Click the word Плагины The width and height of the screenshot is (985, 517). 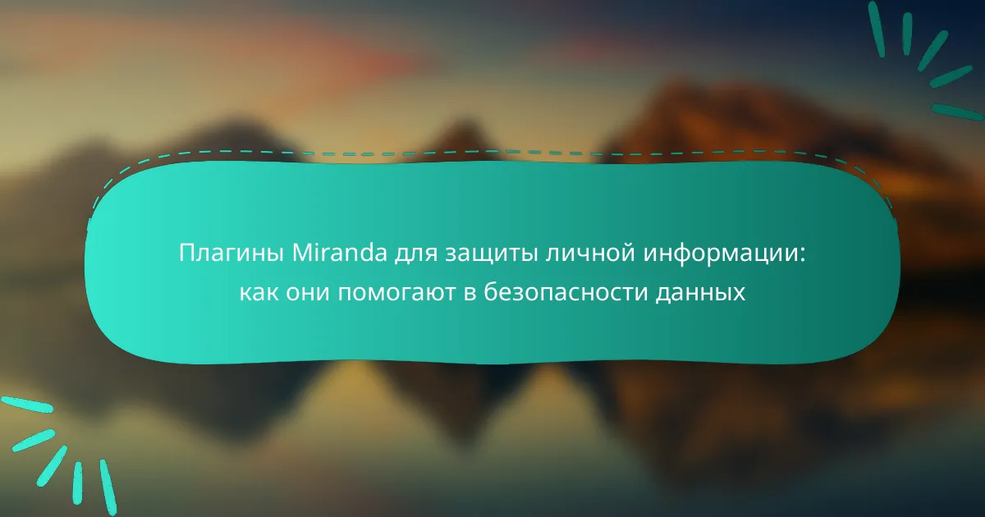pyautogui.click(x=231, y=254)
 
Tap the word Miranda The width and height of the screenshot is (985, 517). pyautogui.click(x=340, y=253)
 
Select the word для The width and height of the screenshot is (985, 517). pyautogui.click(x=415, y=255)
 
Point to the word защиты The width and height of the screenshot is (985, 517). pyautogui.click(x=491, y=256)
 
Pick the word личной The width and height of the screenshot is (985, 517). pyautogui.click(x=590, y=254)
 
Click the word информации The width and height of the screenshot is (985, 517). pyautogui.click(x=721, y=255)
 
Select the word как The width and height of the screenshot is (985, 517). pyautogui.click(x=259, y=293)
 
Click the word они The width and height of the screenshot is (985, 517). pyautogui.click(x=308, y=293)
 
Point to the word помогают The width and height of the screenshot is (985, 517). pyautogui.click(x=396, y=293)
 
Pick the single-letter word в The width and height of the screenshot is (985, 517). pyautogui.click(x=470, y=293)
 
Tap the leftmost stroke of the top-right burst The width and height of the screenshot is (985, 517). pyautogui.click(x=877, y=29)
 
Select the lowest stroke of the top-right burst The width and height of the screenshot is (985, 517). pyautogui.click(x=958, y=112)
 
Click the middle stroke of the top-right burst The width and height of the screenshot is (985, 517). pyautogui.click(x=933, y=51)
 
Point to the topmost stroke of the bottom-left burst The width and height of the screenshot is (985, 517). pyautogui.click(x=26, y=405)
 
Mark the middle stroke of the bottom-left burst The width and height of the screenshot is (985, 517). pyautogui.click(x=52, y=466)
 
